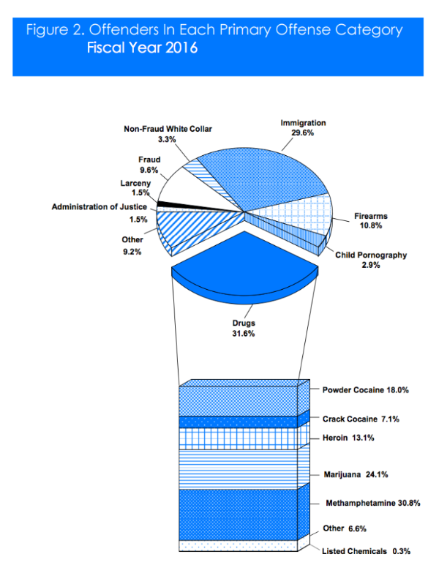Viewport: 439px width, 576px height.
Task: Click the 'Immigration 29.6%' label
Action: click(303, 128)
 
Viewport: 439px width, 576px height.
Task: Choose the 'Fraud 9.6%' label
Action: click(149, 164)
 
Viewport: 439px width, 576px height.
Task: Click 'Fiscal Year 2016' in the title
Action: click(142, 49)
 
